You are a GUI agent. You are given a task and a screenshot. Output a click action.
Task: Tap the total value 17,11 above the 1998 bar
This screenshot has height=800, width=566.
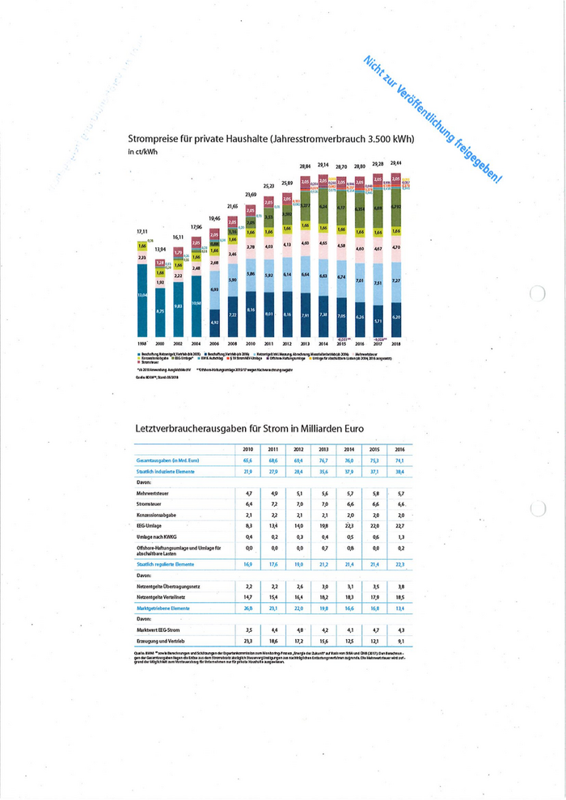[141, 232]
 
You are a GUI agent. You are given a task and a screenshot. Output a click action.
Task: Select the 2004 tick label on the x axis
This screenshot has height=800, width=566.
[196, 343]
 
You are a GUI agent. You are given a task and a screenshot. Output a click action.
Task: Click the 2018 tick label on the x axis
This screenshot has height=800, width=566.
[395, 343]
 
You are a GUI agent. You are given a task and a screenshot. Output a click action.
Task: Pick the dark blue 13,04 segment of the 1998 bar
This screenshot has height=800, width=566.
[142, 296]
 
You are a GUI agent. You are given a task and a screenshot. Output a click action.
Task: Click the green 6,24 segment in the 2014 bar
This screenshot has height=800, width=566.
[323, 207]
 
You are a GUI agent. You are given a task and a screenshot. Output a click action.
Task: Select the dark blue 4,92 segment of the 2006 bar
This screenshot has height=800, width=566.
[215, 322]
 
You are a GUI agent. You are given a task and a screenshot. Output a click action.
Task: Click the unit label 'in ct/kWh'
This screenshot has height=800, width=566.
[142, 152]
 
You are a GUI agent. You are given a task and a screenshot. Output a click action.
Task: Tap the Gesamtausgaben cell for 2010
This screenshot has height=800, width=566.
[247, 459]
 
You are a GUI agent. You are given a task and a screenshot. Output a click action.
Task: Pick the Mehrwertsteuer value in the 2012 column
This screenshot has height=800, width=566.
[299, 492]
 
